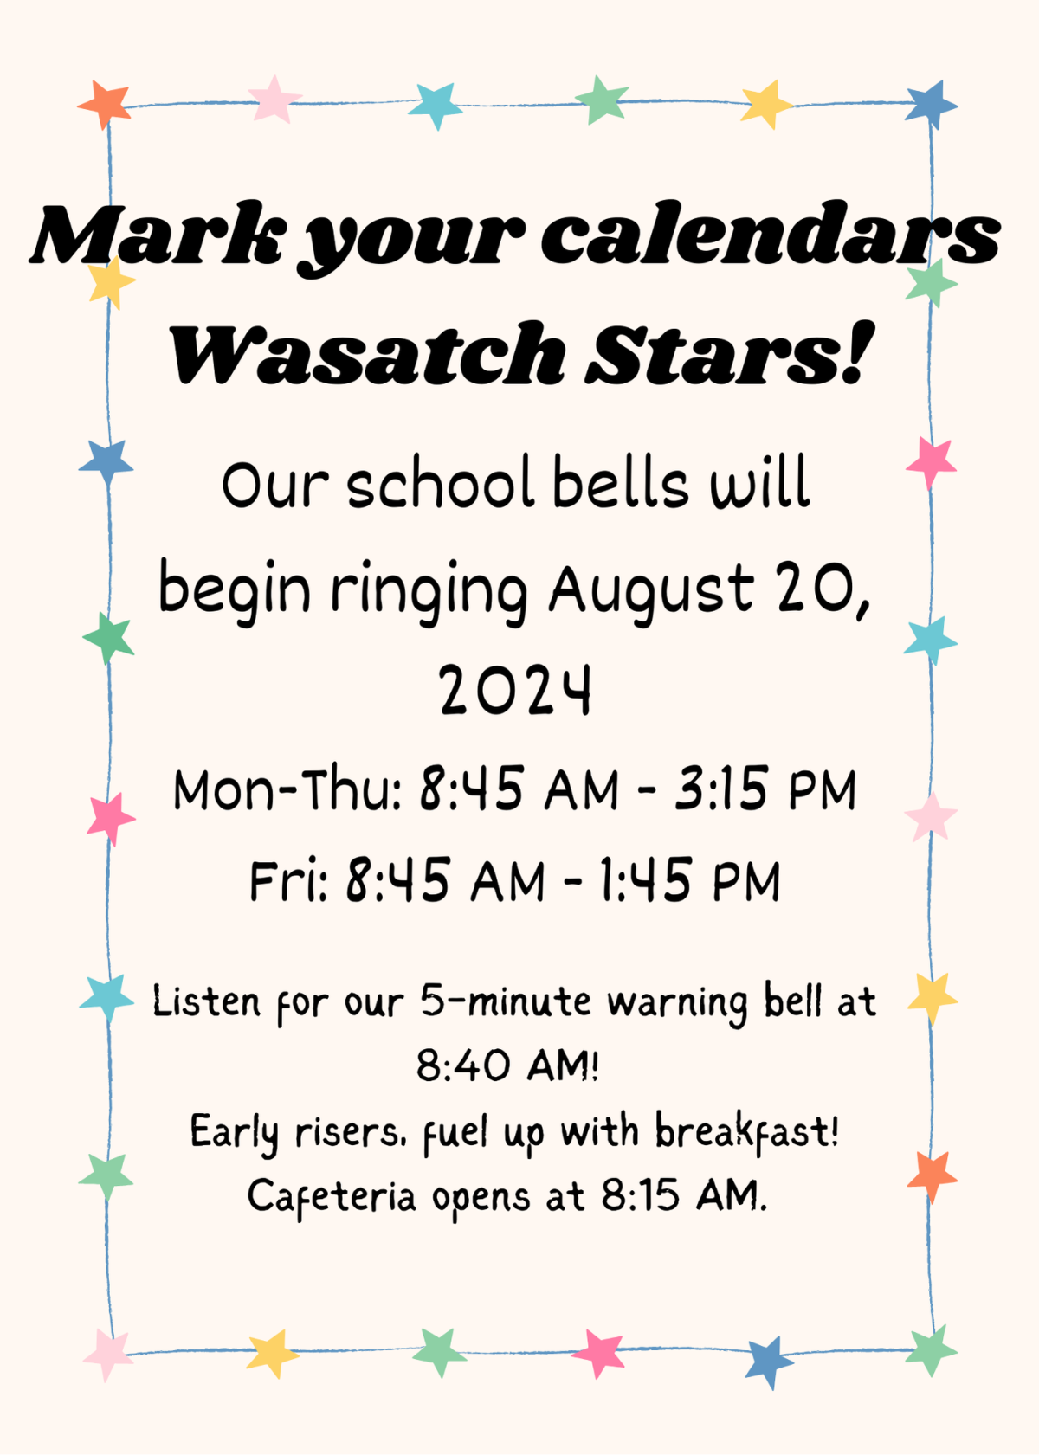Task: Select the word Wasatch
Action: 367,355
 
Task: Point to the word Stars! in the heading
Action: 727,355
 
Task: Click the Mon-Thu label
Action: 286,789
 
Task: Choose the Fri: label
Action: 287,881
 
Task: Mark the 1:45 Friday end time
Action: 646,881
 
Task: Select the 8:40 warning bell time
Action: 463,1065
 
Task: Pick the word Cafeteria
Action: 332,1197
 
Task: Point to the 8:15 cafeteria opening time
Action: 641,1196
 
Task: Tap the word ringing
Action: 429,592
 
